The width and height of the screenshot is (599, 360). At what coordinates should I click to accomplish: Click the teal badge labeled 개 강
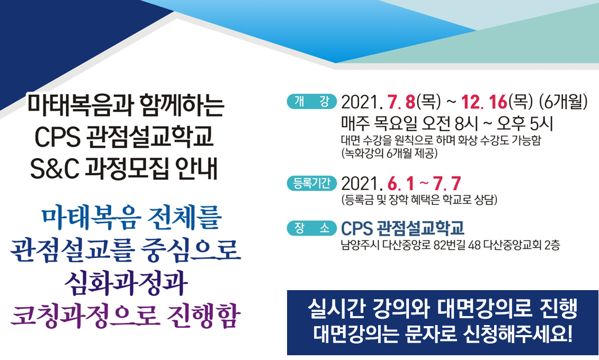(x=312, y=102)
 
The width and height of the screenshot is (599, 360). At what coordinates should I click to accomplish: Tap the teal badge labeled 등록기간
(x=312, y=183)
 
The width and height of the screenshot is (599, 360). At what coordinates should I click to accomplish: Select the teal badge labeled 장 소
(x=312, y=228)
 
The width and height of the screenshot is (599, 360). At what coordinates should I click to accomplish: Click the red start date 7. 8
(x=401, y=102)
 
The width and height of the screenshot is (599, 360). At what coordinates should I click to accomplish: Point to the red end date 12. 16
(x=484, y=102)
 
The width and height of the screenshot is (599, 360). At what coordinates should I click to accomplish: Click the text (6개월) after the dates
(x=563, y=102)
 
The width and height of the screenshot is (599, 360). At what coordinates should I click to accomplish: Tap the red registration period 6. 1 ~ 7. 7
(x=424, y=184)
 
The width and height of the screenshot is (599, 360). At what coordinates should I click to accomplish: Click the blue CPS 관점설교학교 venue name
(x=403, y=228)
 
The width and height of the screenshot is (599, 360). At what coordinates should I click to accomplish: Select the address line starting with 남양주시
(x=450, y=245)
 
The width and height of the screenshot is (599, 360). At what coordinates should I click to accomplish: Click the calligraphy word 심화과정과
(x=126, y=283)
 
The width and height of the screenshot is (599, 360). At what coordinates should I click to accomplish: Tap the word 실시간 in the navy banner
(x=336, y=309)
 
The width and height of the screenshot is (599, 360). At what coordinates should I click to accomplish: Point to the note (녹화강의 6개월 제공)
(x=389, y=154)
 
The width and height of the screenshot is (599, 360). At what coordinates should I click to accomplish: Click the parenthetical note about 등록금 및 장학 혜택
(x=419, y=200)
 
